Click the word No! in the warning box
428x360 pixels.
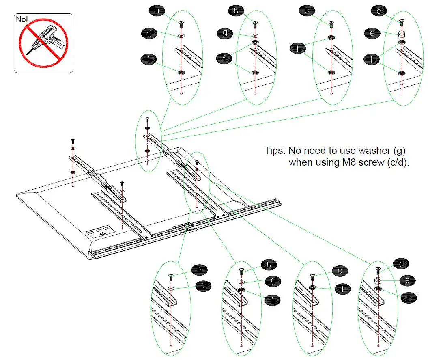click(22, 19)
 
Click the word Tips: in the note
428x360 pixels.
click(275, 151)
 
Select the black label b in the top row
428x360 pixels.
click(234, 11)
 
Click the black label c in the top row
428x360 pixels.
click(307, 11)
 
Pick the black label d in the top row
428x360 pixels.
click(380, 11)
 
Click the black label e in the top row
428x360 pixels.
click(372, 33)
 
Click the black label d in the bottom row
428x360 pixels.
click(401, 264)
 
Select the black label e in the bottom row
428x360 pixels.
click(406, 280)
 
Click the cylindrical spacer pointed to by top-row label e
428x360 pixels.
click(401, 34)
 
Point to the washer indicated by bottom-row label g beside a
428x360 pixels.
click(170, 288)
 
